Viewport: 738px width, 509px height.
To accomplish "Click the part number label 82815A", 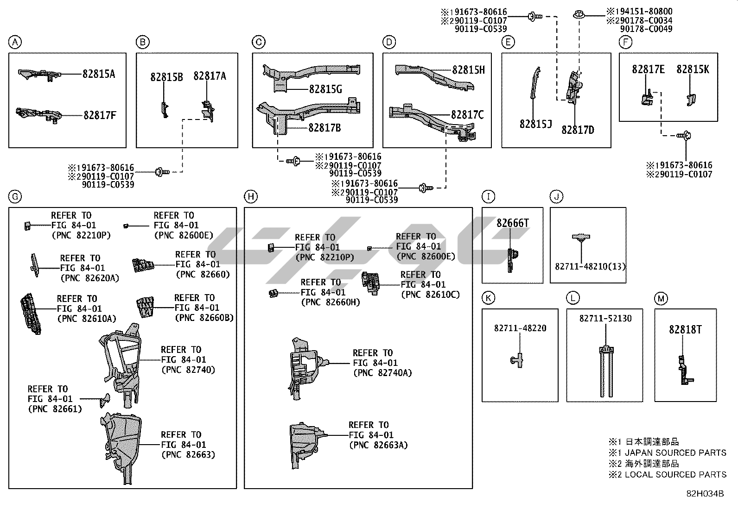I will point(99,74).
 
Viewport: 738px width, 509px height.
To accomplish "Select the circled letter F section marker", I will point(626,43).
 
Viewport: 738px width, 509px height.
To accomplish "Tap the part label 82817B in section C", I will point(324,127).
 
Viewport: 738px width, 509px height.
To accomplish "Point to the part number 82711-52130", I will point(605,319).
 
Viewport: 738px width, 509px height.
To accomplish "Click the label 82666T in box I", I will point(513,223).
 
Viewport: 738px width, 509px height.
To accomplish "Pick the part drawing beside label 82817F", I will point(37,115).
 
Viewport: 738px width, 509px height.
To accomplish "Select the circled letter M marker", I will point(661,299).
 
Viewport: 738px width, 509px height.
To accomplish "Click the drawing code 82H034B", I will point(705,494).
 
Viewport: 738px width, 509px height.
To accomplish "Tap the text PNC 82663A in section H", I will point(378,445).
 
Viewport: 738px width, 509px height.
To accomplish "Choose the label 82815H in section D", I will point(468,70).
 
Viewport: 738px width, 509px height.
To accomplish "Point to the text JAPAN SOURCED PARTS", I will point(675,452).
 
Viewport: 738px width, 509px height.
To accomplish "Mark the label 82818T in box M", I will point(685,329).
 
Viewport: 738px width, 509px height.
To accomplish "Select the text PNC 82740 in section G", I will point(188,370).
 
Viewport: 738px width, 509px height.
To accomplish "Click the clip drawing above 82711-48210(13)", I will point(580,238).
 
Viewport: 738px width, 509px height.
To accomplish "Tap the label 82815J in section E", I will point(535,124).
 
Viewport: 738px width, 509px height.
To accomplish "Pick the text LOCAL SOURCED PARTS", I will point(675,474).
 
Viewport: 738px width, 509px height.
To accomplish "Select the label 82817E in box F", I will point(648,69).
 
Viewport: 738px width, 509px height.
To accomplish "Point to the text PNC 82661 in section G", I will point(55,409).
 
